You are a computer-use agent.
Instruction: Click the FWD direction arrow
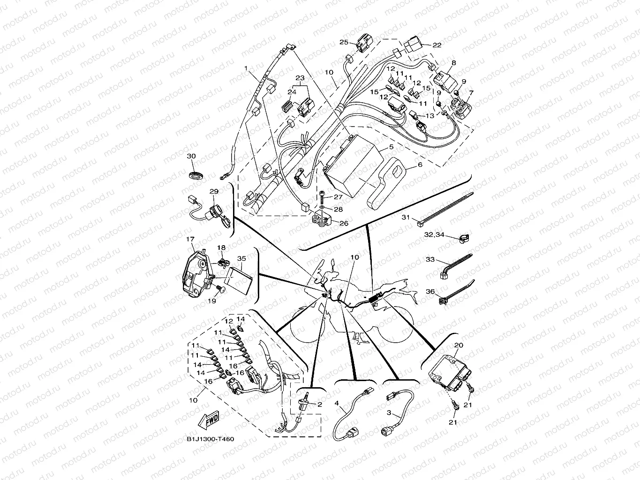[209, 420]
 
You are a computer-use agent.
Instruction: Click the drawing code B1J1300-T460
[210, 439]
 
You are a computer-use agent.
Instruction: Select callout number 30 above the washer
[191, 156]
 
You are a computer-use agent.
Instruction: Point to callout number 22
[437, 45]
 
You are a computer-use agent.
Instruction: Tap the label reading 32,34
[435, 234]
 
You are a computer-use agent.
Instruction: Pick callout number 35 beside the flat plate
[242, 258]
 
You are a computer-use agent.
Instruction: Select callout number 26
[344, 223]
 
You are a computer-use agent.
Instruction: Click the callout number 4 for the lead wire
[337, 403]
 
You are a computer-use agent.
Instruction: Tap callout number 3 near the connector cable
[389, 412]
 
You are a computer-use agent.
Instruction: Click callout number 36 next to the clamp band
[430, 292]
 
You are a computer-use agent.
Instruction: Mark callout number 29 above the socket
[214, 191]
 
